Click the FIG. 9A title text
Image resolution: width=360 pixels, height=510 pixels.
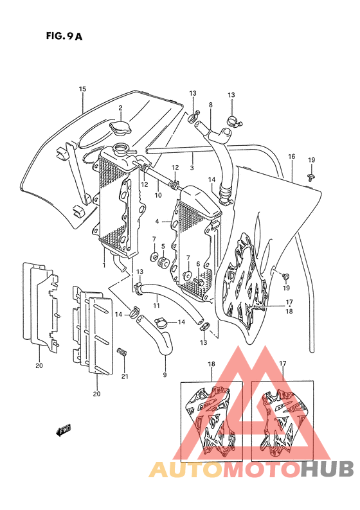tap(64, 36)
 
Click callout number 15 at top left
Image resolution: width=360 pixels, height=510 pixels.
tap(82, 89)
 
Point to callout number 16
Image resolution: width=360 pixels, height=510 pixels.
tap(291, 157)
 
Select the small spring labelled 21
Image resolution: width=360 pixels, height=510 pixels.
tap(122, 352)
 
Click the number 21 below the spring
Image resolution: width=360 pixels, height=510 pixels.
tap(125, 376)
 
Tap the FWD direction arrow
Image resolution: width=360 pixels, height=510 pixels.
tap(63, 430)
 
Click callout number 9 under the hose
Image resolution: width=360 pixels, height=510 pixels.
tap(165, 374)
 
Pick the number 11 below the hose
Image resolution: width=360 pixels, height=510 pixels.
tap(157, 305)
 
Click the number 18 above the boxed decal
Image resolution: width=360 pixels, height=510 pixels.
tap(212, 364)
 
